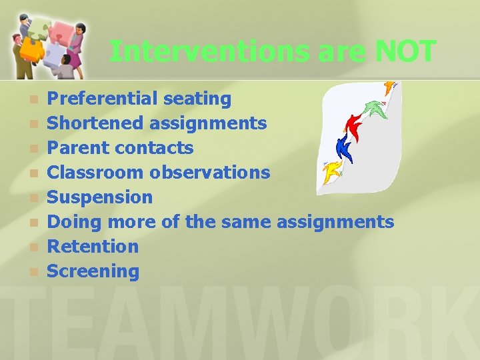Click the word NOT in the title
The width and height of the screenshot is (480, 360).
pyautogui.click(x=405, y=51)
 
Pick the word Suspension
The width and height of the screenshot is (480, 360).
pyautogui.click(x=100, y=197)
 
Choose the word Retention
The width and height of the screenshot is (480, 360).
pyautogui.click(x=93, y=246)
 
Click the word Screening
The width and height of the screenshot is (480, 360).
pyautogui.click(x=93, y=271)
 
